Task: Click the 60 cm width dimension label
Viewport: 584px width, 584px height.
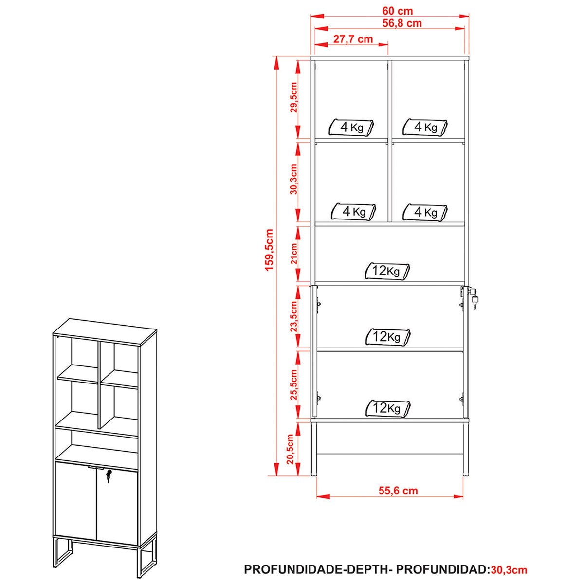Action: pyautogui.click(x=397, y=11)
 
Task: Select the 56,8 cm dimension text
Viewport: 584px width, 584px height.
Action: pyautogui.click(x=402, y=23)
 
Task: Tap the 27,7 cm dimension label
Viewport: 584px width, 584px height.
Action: pyautogui.click(x=353, y=39)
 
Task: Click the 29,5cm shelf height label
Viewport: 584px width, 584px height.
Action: pyautogui.click(x=293, y=97)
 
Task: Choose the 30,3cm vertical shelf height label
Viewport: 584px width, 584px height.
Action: pyautogui.click(x=293, y=179)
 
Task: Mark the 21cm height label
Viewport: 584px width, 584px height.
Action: pyautogui.click(x=293, y=254)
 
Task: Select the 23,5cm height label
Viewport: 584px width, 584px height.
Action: pyautogui.click(x=293, y=317)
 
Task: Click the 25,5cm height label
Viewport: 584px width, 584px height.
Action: pyautogui.click(x=293, y=384)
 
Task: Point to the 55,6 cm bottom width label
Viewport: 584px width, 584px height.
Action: pyautogui.click(x=398, y=491)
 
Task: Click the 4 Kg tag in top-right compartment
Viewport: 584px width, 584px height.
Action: pyautogui.click(x=425, y=127)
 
